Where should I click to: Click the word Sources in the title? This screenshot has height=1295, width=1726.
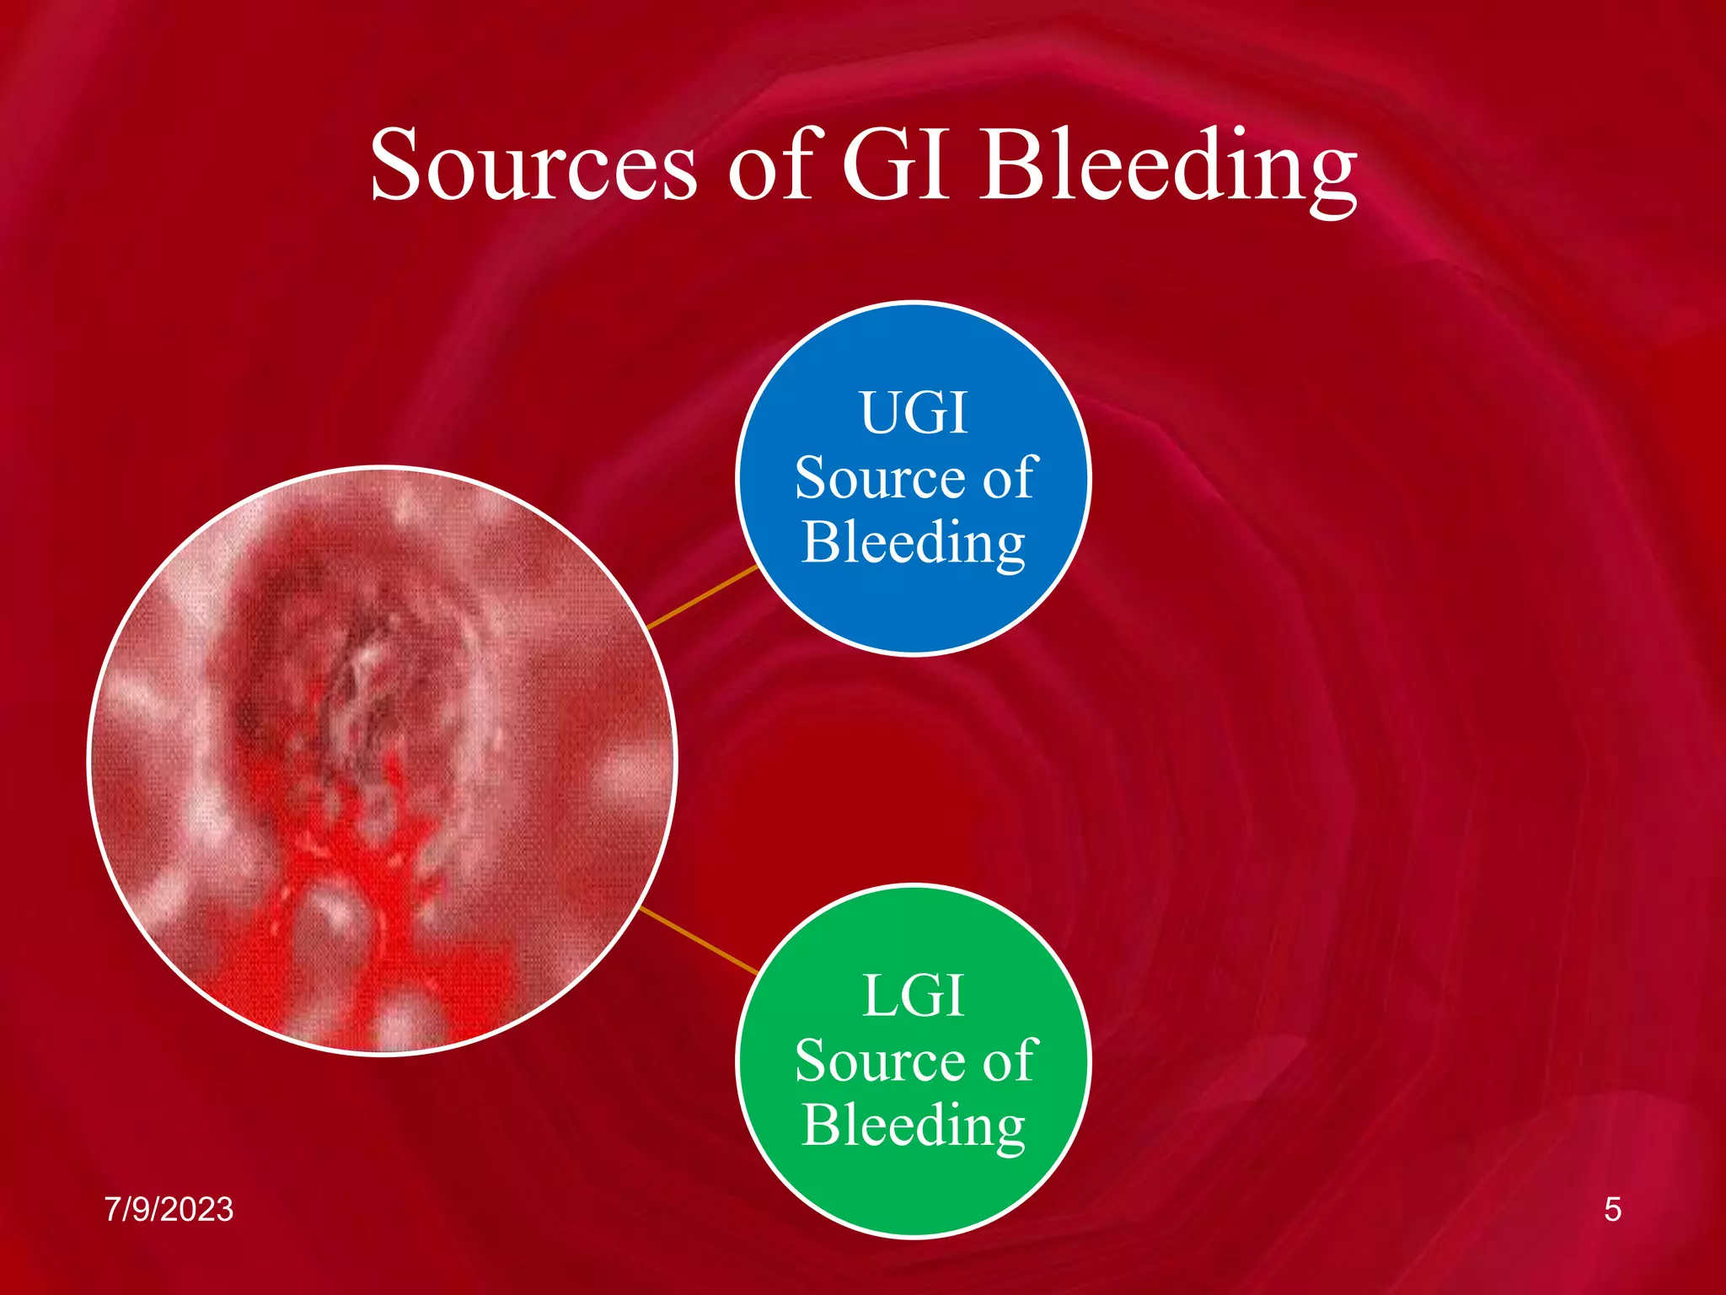(533, 165)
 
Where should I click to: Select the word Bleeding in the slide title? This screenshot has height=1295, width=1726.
(1167, 169)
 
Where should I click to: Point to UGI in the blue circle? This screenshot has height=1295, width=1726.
(914, 413)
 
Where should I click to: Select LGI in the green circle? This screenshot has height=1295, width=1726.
(914, 997)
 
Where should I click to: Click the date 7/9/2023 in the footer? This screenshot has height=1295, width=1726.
(169, 1210)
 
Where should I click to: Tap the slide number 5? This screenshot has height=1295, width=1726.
(1612, 1210)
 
